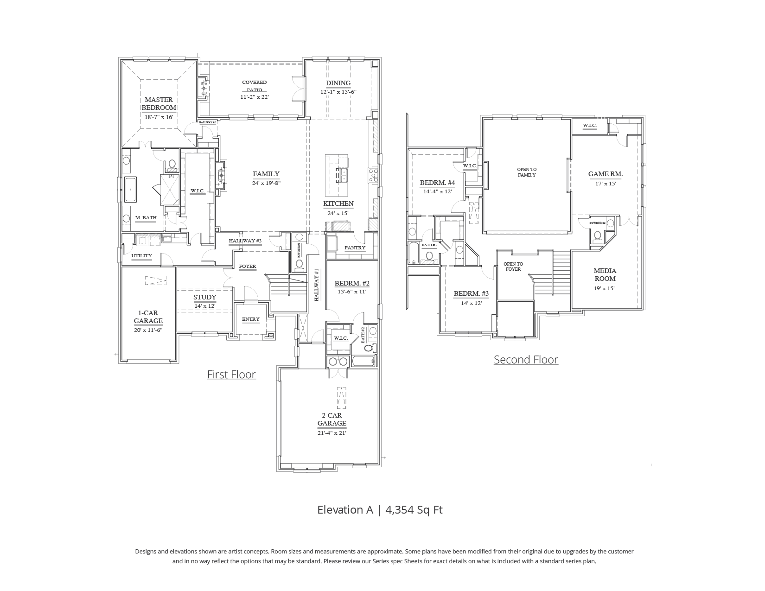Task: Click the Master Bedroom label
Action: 159,103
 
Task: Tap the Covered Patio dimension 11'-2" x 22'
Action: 255,97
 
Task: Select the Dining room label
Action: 338,83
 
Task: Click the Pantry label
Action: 355,248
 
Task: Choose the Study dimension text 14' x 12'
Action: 204,306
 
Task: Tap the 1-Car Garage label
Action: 148,317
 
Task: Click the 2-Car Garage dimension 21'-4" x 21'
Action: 331,433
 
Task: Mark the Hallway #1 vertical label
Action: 317,285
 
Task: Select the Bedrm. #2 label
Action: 352,283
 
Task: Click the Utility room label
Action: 141,255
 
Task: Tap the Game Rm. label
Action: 605,174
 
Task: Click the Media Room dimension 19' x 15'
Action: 605,288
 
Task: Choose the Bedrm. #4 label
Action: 437,183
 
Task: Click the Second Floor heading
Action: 526,359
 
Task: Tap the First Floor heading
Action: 231,374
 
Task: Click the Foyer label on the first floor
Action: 247,266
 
